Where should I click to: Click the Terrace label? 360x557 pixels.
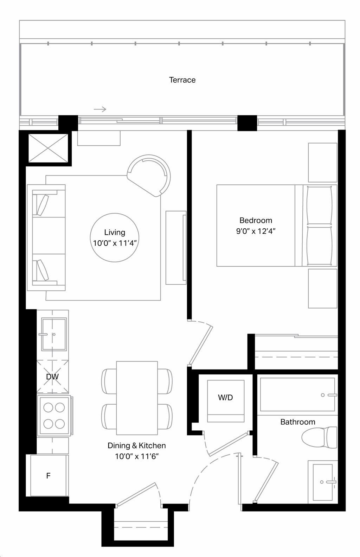point(182,80)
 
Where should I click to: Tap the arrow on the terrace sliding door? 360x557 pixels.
point(100,109)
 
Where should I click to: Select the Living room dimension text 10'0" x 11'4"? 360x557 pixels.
point(115,243)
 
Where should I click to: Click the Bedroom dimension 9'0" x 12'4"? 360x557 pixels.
point(256,231)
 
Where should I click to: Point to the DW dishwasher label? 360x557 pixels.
point(52,376)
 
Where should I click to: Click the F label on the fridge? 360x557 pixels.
point(49,475)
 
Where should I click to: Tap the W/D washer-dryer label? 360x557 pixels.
point(225,397)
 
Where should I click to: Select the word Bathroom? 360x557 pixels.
point(298,422)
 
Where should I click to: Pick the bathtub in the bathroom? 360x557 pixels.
point(297,395)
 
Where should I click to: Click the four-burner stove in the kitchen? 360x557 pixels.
point(54,416)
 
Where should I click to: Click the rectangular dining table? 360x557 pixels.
point(137,398)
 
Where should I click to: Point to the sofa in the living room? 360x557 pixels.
point(46,238)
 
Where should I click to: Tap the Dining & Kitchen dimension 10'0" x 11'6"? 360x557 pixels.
point(137,456)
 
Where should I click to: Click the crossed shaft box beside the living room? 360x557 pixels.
point(48,148)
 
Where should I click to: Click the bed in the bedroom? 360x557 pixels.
point(277,225)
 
